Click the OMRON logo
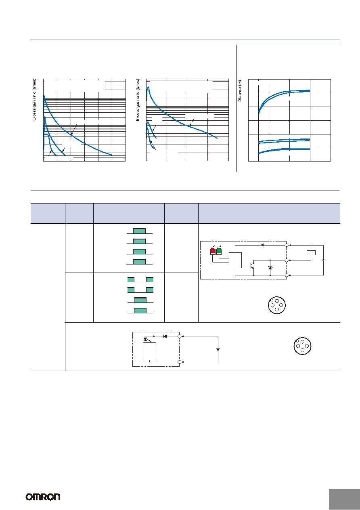(43, 497)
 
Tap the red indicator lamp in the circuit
(213, 251)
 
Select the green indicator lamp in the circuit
(219, 251)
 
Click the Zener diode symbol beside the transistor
(270, 268)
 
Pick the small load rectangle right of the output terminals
(311, 252)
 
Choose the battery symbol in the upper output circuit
(323, 260)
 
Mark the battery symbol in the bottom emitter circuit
(218, 349)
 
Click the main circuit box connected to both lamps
(235, 260)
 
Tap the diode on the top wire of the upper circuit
(262, 245)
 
